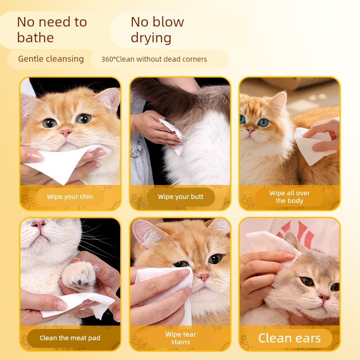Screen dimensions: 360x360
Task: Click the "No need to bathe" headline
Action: point(52,30)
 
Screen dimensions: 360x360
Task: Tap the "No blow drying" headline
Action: point(157,30)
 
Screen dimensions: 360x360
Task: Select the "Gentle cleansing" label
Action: point(51,59)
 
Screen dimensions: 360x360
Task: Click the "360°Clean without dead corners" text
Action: point(154,59)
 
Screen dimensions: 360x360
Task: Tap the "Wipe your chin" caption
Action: point(70,197)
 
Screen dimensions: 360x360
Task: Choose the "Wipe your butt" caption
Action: point(181,197)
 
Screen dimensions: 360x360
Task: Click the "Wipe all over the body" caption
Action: point(289,197)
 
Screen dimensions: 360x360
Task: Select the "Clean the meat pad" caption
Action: point(70,338)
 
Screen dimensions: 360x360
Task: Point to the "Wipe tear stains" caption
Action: point(181,338)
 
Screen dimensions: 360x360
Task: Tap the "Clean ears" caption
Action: point(289,338)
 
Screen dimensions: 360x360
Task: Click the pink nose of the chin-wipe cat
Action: point(66,133)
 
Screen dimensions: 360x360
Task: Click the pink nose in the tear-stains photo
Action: point(203,277)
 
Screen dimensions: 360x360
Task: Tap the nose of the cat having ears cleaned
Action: point(324,298)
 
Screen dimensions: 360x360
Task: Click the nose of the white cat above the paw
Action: point(39,225)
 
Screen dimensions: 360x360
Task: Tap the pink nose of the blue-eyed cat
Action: point(250,130)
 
